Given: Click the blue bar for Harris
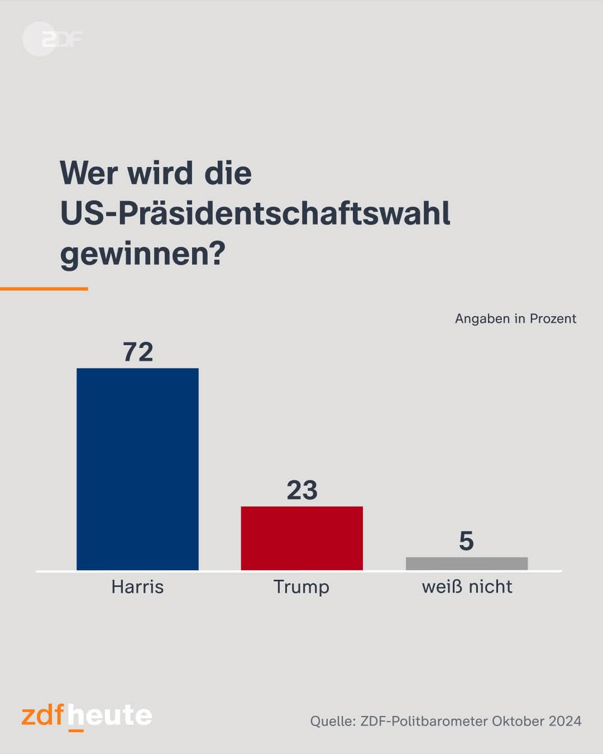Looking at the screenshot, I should point(138,469).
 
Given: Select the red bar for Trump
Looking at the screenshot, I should point(302,538).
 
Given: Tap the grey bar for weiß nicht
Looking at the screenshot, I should point(467,564).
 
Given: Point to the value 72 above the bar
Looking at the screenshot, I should point(138,352).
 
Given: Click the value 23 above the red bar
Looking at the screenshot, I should point(302,491).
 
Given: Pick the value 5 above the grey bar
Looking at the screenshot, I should point(466,542).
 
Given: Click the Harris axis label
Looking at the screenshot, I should point(138,587).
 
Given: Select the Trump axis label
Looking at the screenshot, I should point(301,587).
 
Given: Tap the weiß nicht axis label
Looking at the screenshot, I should point(467,587).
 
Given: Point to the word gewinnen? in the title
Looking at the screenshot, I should point(142,256).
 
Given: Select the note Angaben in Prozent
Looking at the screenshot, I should point(515,319).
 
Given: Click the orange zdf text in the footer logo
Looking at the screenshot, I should point(43,717).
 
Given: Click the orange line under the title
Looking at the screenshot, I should point(44,289).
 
